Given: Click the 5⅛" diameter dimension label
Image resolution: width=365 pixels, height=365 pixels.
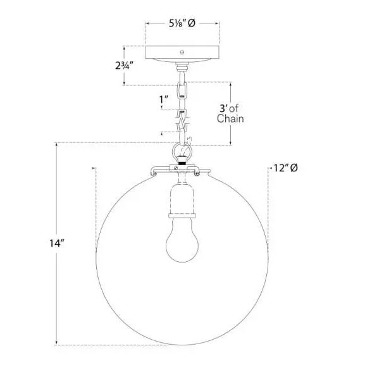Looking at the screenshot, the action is [x=182, y=23].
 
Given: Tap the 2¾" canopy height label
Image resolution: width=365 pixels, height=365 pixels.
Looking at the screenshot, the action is [x=125, y=65].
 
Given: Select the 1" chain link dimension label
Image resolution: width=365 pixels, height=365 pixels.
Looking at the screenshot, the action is [x=164, y=99].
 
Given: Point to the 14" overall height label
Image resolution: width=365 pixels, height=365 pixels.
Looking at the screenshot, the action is [x=56, y=244].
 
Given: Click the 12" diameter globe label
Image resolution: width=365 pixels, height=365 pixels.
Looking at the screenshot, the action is [x=285, y=168].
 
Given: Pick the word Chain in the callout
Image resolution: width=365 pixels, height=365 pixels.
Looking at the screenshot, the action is [x=230, y=118].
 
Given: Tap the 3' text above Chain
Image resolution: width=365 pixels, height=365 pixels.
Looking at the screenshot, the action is [x=224, y=108].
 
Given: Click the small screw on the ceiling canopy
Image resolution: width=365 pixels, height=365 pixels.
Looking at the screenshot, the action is [x=182, y=52].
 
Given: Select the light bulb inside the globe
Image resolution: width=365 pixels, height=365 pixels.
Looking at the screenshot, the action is [x=182, y=240].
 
